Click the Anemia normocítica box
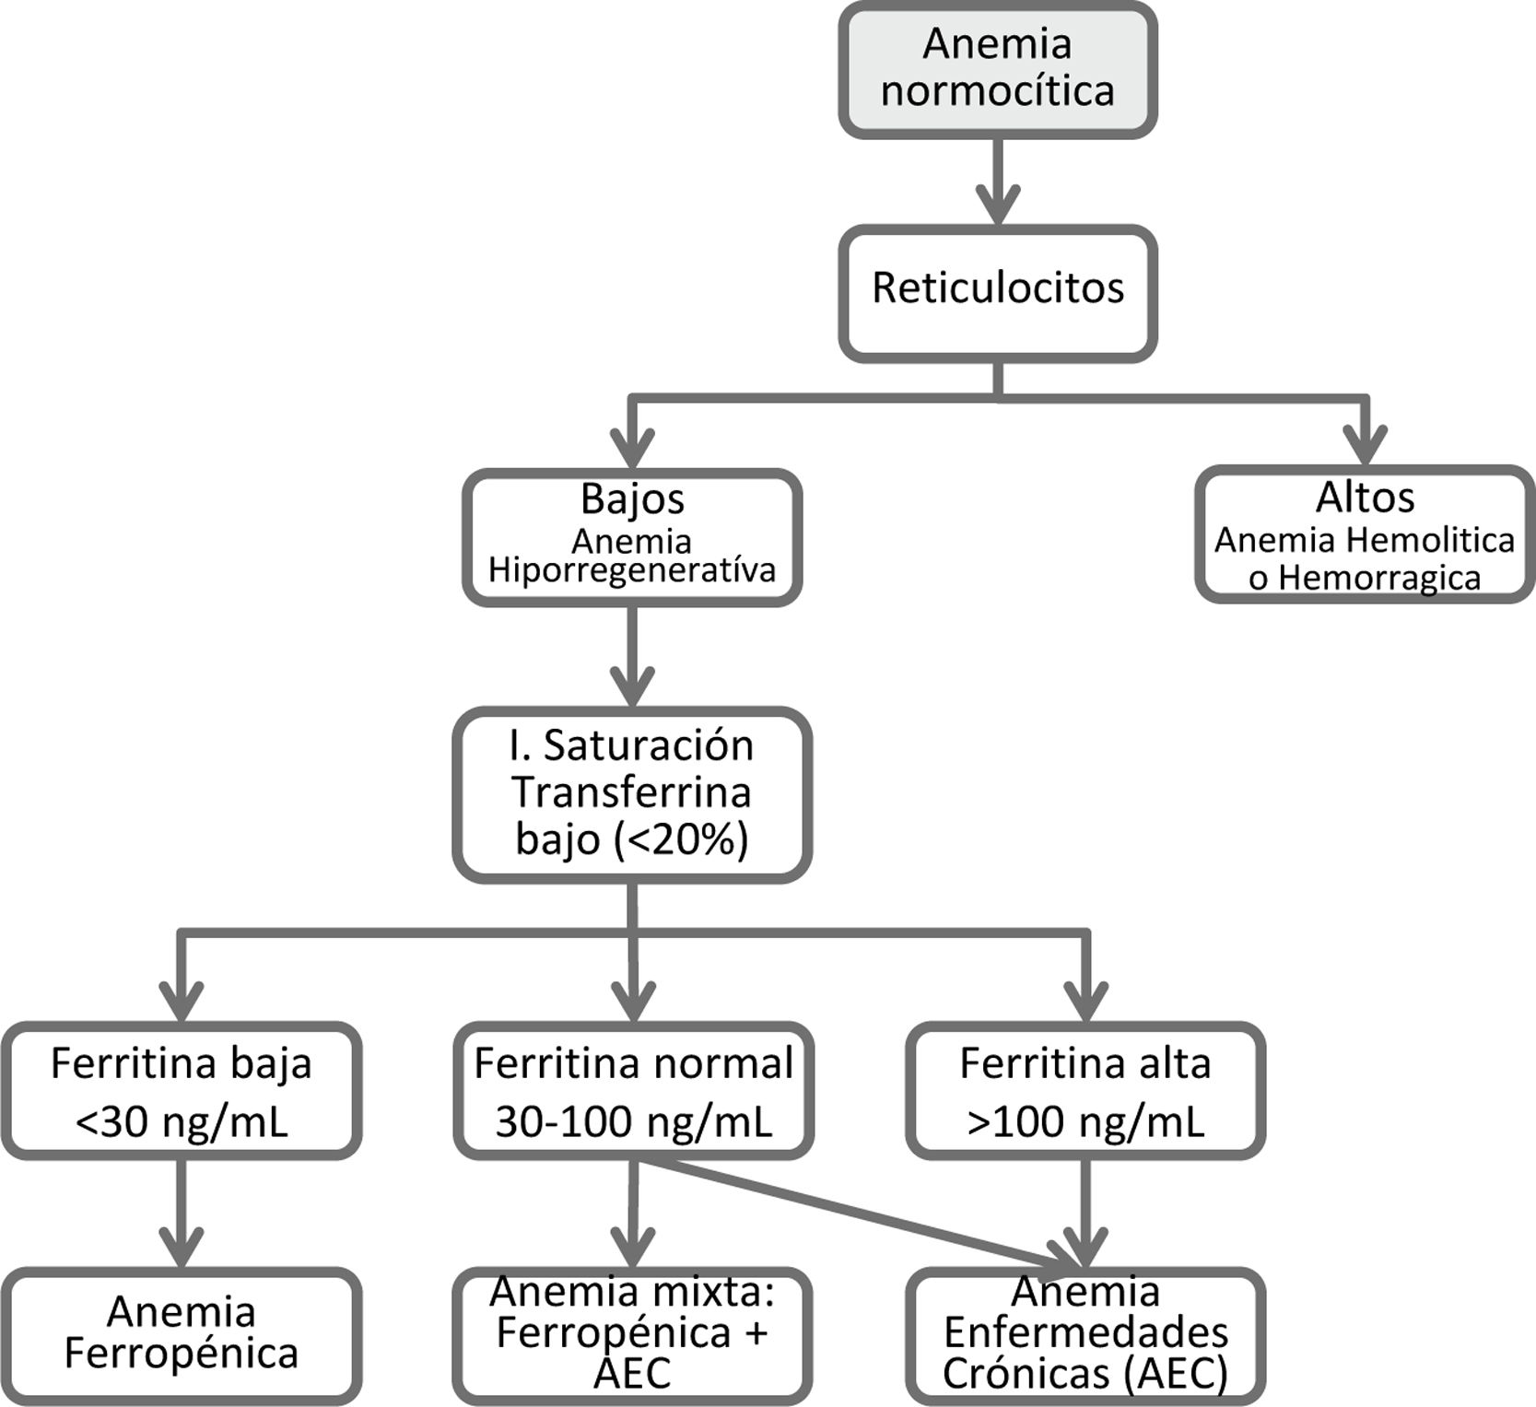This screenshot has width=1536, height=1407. pos(997,69)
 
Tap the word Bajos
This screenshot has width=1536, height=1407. pos(632,498)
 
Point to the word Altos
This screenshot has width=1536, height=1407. pos(1365,498)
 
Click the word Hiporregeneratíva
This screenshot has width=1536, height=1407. pos(632,570)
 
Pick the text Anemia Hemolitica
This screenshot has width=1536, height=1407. pos(1365,540)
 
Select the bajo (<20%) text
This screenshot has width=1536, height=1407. pos(632,839)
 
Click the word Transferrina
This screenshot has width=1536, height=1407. pos(632,792)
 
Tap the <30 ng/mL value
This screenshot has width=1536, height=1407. pos(182,1121)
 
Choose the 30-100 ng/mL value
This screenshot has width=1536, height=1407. pos(634,1121)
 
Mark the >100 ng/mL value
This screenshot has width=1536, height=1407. pos(1085,1121)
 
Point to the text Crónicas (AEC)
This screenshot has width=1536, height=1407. pos(1085,1374)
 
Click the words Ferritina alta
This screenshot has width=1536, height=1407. pos(1085,1063)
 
